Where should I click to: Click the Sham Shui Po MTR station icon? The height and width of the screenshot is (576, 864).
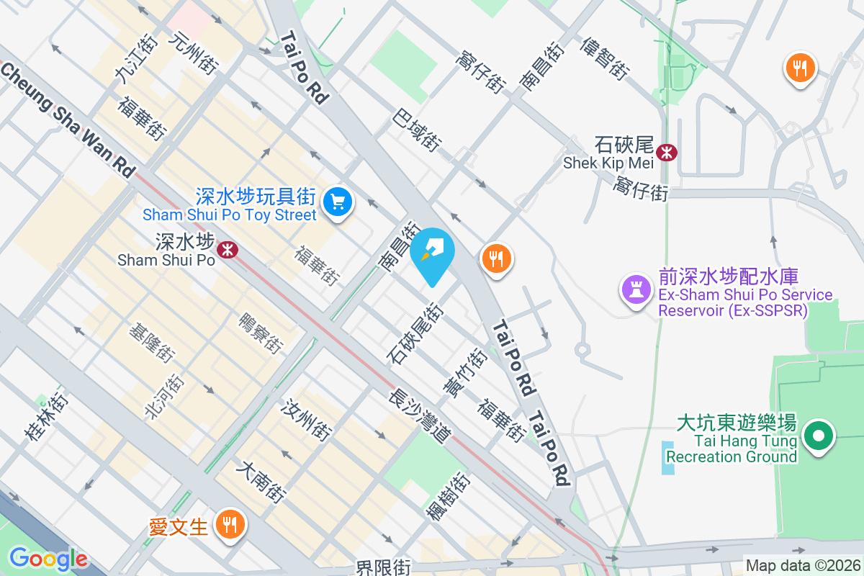pos(228,250)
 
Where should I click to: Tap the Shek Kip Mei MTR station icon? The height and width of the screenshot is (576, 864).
pos(669,152)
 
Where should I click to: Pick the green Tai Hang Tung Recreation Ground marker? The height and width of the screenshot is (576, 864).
pos(818,436)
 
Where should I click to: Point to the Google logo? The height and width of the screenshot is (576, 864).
pos(48,559)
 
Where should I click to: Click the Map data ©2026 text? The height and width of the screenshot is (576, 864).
pos(803,566)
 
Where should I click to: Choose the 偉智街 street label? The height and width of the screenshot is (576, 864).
pos(605,58)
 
